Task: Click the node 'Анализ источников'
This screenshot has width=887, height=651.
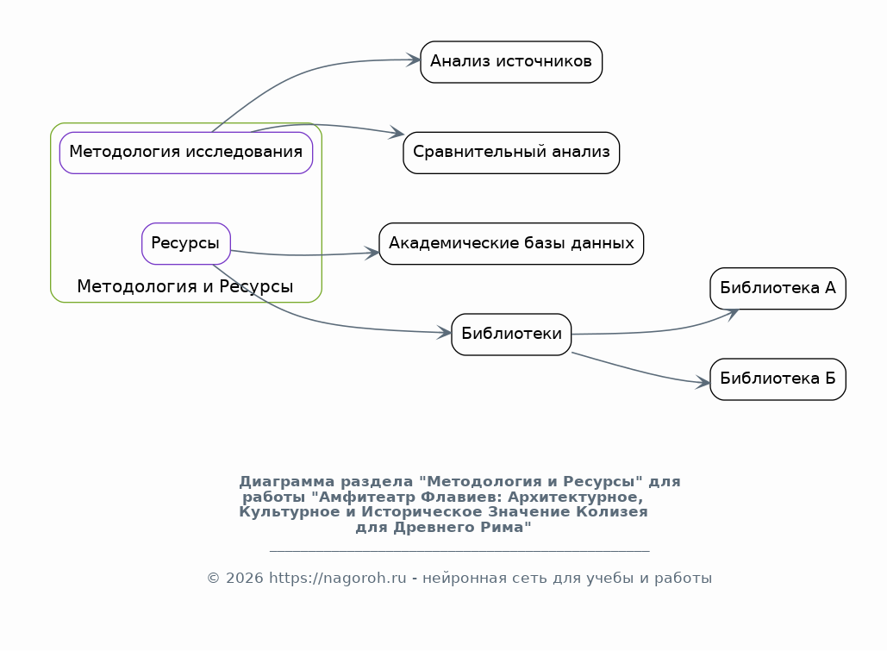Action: pyautogui.click(x=511, y=62)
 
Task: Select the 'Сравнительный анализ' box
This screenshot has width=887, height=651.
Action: pyautogui.click(x=511, y=153)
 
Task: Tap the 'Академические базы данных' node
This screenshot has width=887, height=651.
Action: pyautogui.click(x=511, y=243)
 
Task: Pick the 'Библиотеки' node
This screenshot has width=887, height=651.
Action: pyautogui.click(x=511, y=335)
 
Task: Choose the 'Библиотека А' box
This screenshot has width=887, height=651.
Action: pyautogui.click(x=778, y=289)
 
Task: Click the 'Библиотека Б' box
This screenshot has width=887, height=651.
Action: pyautogui.click(x=778, y=379)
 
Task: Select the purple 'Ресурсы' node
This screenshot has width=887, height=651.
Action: pyautogui.click(x=186, y=243)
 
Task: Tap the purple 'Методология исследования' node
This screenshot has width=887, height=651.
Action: pyautogui.click(x=186, y=153)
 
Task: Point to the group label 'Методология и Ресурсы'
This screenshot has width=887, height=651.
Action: pyautogui.click(x=185, y=286)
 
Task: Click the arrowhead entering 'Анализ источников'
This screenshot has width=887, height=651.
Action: pyautogui.click(x=414, y=59)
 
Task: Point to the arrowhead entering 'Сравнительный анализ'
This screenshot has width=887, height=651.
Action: pyautogui.click(x=397, y=134)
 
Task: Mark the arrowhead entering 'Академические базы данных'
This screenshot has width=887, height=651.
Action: pyautogui.click(x=372, y=253)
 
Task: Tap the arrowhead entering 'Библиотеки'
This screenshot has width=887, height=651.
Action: pyautogui.click(x=445, y=332)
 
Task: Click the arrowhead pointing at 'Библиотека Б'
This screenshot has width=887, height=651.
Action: pyautogui.click(x=703, y=383)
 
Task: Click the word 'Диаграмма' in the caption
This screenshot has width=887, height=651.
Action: pyautogui.click(x=287, y=482)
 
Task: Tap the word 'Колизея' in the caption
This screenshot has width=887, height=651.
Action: pyautogui.click(x=612, y=511)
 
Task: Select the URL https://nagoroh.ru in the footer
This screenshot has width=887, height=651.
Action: pyautogui.click(x=338, y=578)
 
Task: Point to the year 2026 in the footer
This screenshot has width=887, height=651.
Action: pyautogui.click(x=245, y=578)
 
